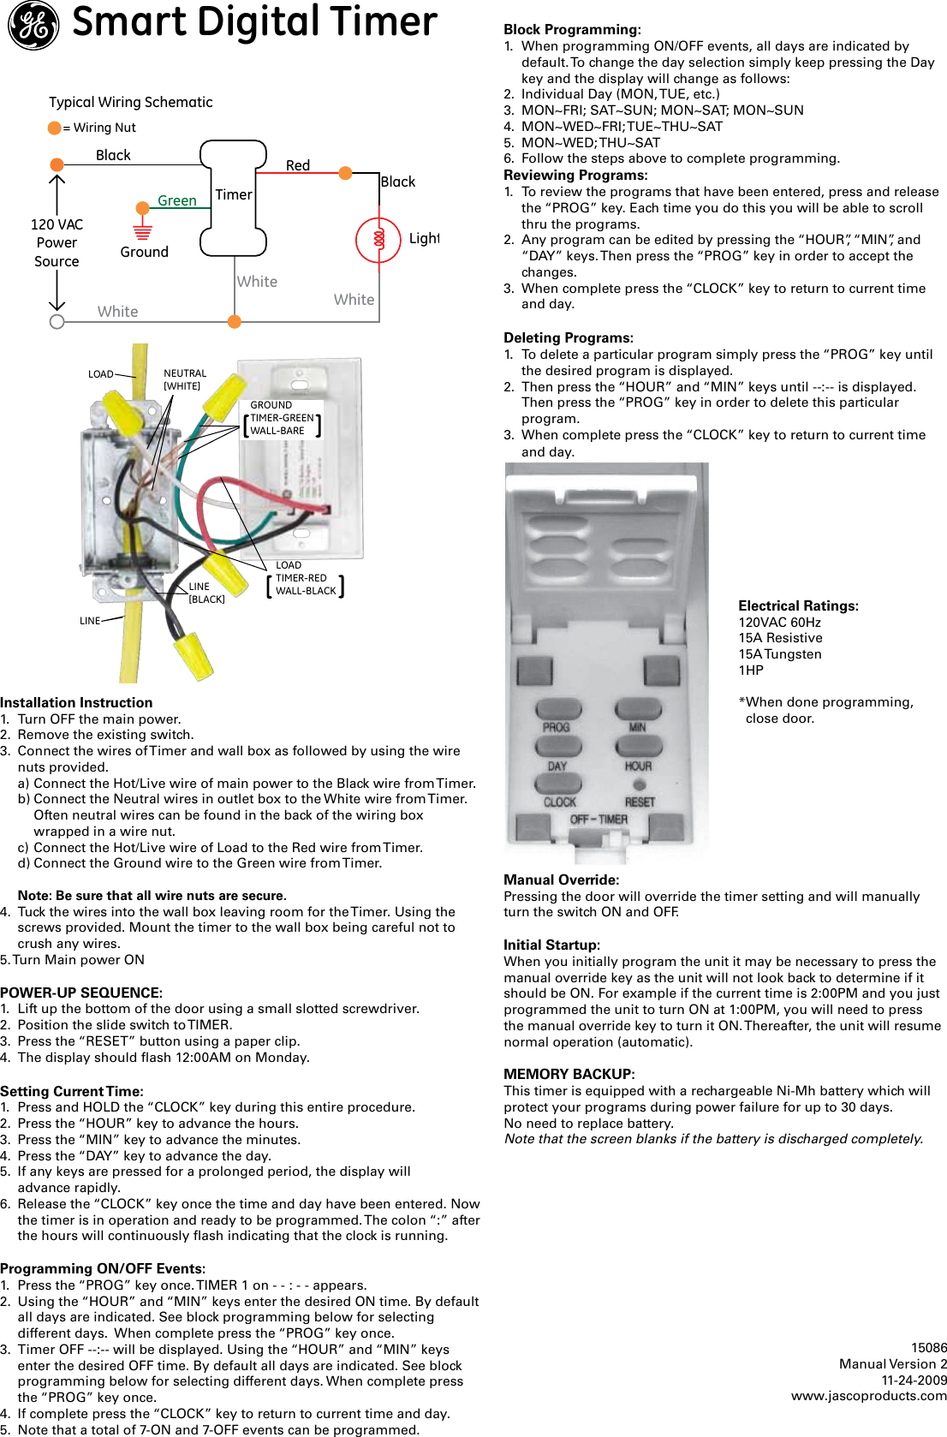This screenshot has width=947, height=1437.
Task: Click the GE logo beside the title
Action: coord(33,25)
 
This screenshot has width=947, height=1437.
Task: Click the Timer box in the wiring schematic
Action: coord(233,198)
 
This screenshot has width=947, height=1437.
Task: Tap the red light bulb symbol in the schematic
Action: coord(378,240)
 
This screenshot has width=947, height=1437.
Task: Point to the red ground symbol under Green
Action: coord(142,231)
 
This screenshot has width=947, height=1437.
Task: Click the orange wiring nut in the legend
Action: coord(55,128)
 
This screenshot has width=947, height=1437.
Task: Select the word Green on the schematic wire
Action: coord(177,200)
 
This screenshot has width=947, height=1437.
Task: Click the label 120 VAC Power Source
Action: coord(57,242)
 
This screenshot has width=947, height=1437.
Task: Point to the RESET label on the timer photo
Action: coord(640,802)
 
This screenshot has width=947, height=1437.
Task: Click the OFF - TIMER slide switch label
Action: coord(599,820)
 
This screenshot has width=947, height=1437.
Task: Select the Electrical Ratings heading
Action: coord(798,605)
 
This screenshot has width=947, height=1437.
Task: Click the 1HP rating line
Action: coord(751,671)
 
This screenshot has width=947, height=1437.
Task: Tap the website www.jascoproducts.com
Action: coord(868,1395)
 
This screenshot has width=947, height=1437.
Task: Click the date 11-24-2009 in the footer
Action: coord(914,1380)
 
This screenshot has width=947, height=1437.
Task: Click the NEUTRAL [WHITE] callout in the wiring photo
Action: coord(185,379)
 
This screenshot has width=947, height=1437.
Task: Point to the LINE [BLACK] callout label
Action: coord(206,593)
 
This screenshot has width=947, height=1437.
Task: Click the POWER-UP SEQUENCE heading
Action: coord(81,993)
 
